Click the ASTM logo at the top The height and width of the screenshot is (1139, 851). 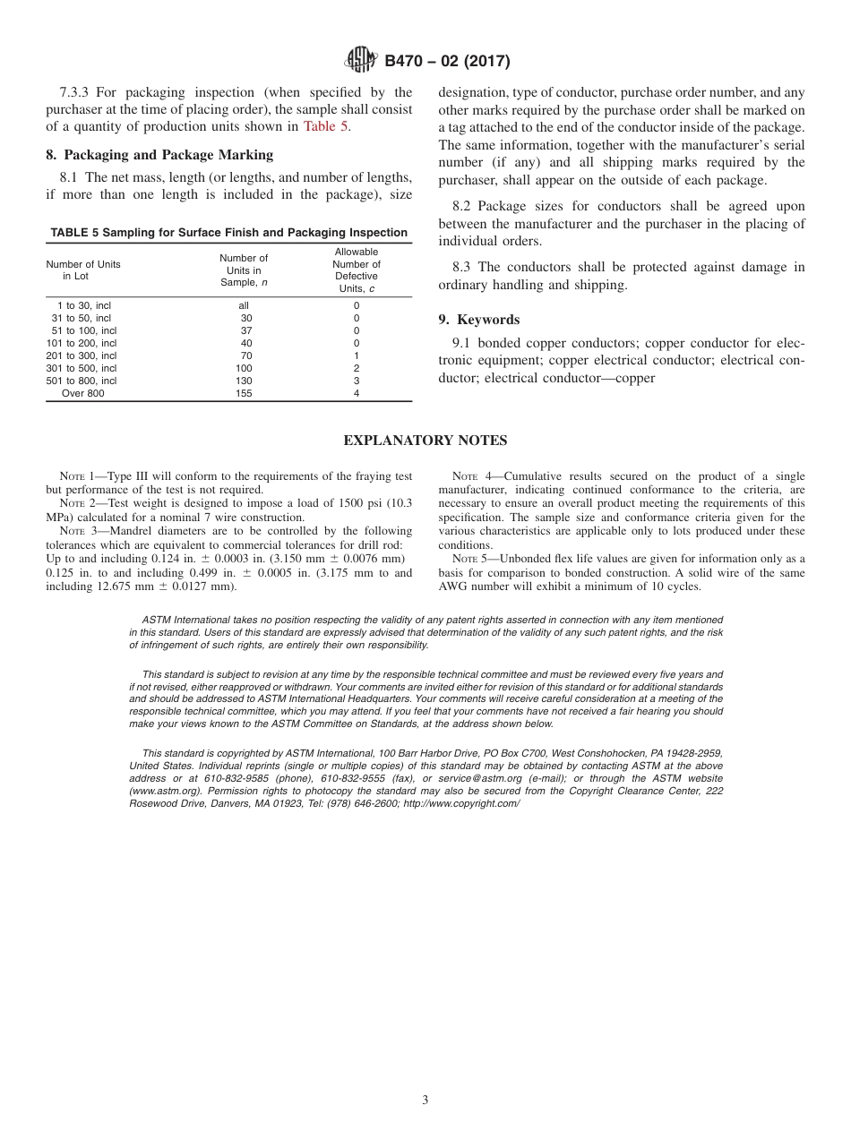point(361,61)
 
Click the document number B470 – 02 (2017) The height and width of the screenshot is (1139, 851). point(447,62)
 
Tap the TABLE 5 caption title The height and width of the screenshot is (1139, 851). point(228,233)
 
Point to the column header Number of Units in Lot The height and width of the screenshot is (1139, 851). point(82,270)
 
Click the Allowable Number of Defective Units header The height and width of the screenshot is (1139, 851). point(357,270)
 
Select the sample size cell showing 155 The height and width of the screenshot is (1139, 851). point(244,393)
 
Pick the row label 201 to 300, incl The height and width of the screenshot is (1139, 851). point(82,355)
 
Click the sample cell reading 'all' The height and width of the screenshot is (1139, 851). point(244,305)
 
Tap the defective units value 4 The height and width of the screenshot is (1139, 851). point(357,393)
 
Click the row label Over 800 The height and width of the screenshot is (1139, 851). point(82,393)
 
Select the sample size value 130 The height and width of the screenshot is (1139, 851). point(244,381)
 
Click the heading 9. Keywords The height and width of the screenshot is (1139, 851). point(479,320)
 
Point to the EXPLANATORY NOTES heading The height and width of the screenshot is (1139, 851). point(425,441)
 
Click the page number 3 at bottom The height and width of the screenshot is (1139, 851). point(425,1100)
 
